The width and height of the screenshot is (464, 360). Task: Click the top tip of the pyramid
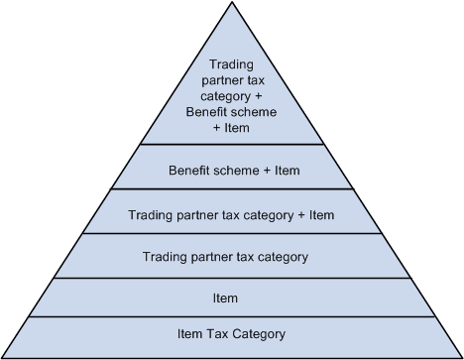pos(232,3)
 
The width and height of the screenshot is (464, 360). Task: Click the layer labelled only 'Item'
pos(232,297)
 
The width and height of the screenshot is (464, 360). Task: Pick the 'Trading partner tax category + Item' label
pos(232,214)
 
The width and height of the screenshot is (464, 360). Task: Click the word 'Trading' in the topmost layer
pos(232,65)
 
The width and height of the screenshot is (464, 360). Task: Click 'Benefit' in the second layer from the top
pos(190,171)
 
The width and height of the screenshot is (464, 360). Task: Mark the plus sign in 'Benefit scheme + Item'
pos(267,171)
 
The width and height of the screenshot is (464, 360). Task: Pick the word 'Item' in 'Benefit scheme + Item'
pos(287,171)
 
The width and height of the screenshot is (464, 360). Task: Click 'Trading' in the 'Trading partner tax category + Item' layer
pos(151,214)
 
